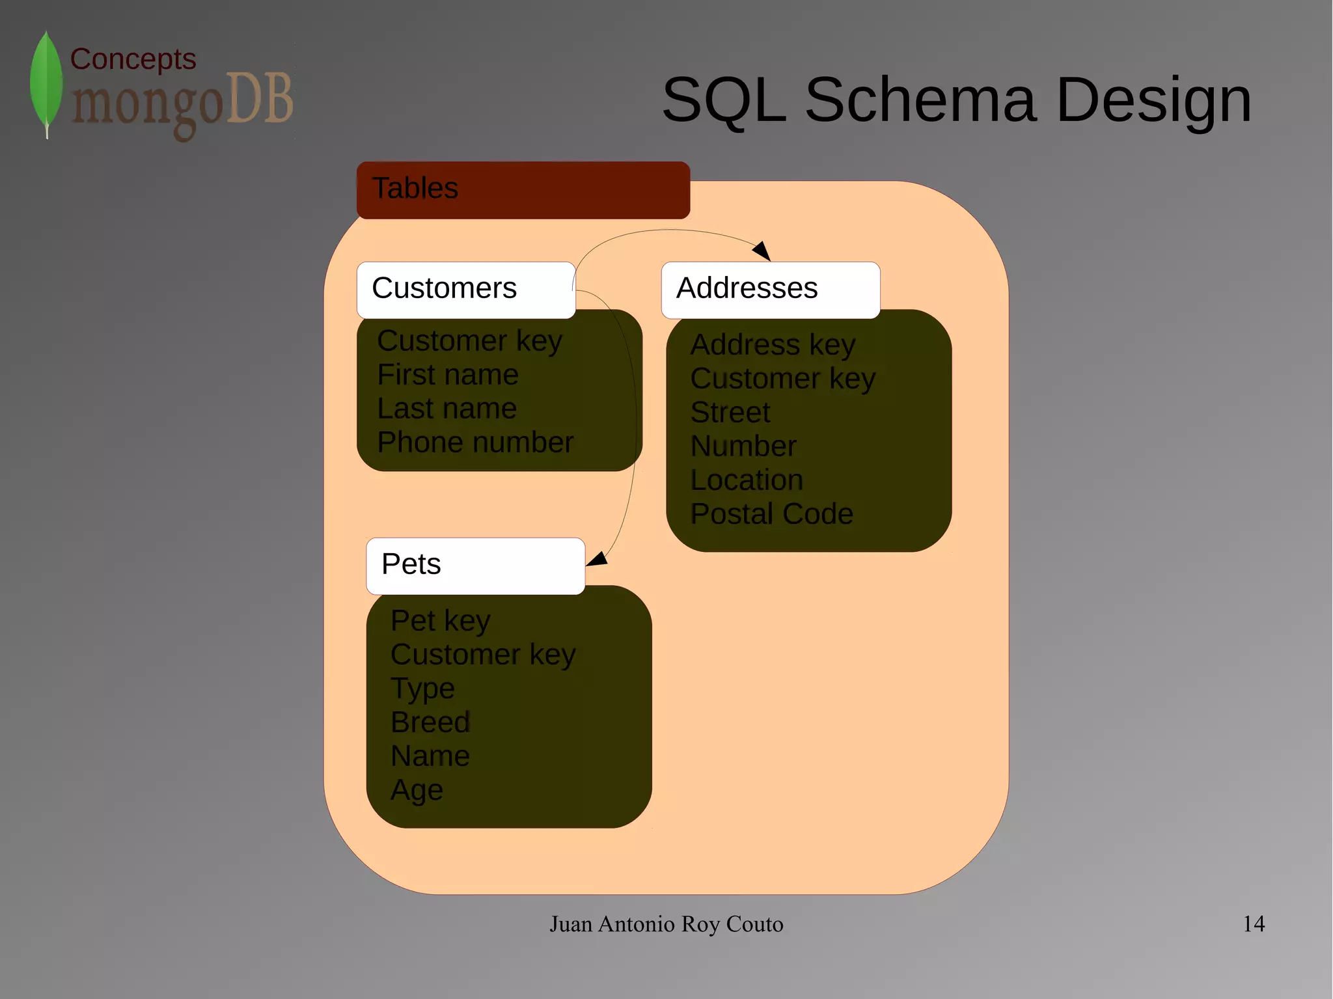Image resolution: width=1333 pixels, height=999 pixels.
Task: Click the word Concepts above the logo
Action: (x=133, y=59)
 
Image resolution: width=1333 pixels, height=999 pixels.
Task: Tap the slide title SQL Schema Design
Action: (x=956, y=100)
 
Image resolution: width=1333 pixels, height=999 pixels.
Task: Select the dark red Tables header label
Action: (x=523, y=189)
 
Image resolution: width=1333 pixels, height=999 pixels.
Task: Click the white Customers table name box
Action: (x=465, y=290)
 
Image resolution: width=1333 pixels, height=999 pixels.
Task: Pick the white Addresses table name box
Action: (x=770, y=290)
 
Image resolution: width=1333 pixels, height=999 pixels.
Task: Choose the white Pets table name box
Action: (x=475, y=566)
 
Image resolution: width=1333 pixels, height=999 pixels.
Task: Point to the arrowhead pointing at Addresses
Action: (x=763, y=251)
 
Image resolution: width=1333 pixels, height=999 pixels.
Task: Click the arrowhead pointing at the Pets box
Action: (x=598, y=559)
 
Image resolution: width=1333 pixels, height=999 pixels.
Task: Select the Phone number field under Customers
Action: (x=475, y=443)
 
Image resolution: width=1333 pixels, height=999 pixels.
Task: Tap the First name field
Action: (x=448, y=375)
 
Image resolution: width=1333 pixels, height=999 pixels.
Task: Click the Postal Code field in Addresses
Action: (x=771, y=514)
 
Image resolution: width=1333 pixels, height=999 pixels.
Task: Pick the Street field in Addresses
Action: (x=730, y=413)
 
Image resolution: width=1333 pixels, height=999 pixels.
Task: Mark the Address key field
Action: (x=773, y=345)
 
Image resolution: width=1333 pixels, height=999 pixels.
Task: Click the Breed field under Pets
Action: (x=430, y=722)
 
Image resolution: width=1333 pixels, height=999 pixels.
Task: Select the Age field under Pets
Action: (x=417, y=790)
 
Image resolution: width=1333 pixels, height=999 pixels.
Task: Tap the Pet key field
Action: (x=440, y=621)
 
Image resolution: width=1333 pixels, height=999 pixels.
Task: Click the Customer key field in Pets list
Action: (x=483, y=655)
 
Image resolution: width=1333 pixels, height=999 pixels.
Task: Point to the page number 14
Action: (x=1254, y=924)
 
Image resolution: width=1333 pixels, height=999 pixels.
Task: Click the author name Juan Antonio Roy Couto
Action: (x=666, y=924)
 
